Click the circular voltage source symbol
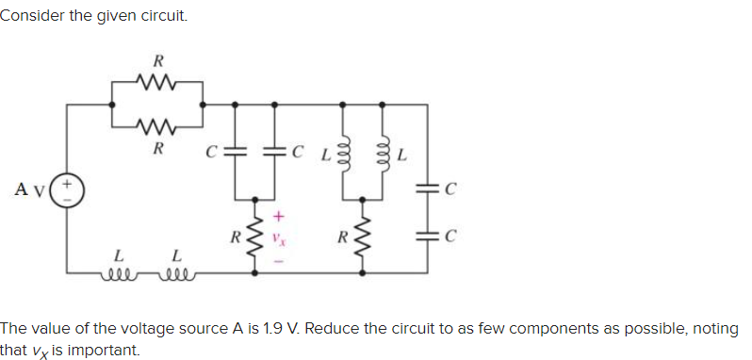pyautogui.click(x=67, y=188)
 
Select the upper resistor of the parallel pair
pyautogui.click(x=156, y=86)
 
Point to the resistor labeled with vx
pyautogui.click(x=254, y=239)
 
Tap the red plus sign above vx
pyautogui.click(x=277, y=216)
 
